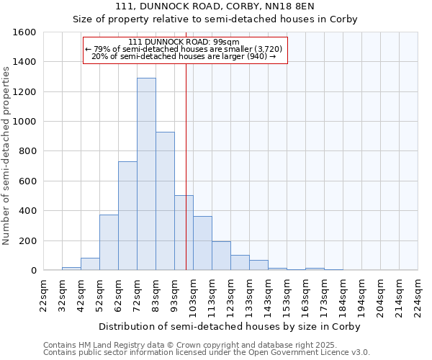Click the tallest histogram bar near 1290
coord(146,174)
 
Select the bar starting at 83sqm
coord(165,201)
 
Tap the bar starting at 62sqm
coord(127,215)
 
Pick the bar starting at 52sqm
coord(109,242)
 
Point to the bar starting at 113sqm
coord(221,256)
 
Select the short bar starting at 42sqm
coord(90,264)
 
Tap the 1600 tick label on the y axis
coord(24,32)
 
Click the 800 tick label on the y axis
coord(27,151)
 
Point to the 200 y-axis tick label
coord(27,240)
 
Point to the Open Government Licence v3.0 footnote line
coord(206,353)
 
